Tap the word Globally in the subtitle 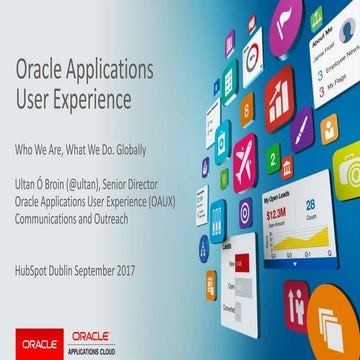point(128,150)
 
